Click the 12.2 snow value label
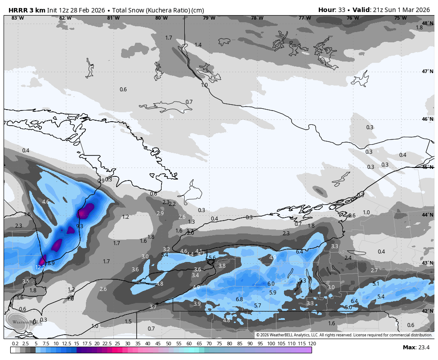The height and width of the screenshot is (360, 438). tap(40, 267)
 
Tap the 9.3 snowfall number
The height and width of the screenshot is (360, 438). tap(80, 226)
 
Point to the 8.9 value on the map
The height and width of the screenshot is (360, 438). tap(51, 263)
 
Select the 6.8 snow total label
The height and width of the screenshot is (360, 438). tap(239, 299)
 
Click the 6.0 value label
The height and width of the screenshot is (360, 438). tap(271, 284)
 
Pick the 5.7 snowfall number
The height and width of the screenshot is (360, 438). tap(257, 306)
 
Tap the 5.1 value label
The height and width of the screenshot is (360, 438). tap(376, 284)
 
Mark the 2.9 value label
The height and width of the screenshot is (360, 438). tap(160, 213)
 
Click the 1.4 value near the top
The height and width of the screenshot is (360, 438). tap(198, 45)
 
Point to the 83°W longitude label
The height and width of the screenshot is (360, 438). tap(18, 18)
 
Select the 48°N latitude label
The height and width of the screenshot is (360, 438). tap(427, 23)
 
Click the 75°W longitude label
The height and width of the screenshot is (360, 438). tap(400, 18)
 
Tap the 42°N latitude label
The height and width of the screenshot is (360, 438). tap(427, 311)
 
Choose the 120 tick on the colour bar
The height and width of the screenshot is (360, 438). tap(312, 344)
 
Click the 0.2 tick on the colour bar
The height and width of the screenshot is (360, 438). tap(15, 344)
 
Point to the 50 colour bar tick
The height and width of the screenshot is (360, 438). tap(169, 344)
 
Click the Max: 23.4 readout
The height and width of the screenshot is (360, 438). tap(416, 347)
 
